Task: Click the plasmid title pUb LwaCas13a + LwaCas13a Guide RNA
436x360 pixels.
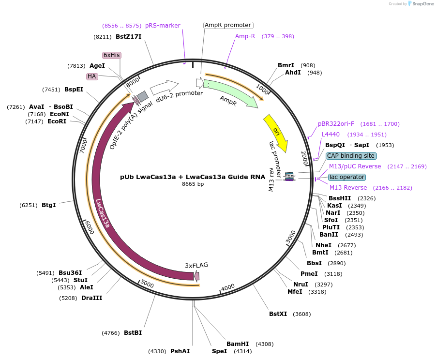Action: [193, 177]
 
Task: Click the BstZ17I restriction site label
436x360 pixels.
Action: [129, 36]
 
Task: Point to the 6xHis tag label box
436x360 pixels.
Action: [111, 55]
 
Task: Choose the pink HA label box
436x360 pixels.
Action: [92, 76]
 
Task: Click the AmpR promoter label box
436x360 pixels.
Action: [228, 25]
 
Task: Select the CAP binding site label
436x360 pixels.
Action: [351, 156]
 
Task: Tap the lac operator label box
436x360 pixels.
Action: [347, 177]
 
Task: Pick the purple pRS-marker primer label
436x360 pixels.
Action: [163, 25]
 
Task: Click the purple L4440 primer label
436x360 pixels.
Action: [331, 134]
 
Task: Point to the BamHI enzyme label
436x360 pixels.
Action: [238, 344]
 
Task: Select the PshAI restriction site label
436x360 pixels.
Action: [180, 351]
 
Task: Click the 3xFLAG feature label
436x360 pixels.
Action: [196, 265]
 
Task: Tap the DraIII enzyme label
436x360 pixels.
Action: [92, 298]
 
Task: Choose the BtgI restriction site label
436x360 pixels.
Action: [48, 205]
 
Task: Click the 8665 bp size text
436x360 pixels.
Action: [193, 184]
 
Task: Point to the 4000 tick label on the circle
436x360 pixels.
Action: [228, 286]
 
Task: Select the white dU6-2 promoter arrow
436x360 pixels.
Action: [165, 87]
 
